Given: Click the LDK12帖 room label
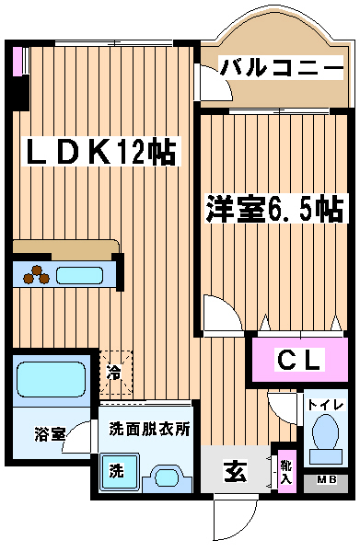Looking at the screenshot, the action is tap(100, 152).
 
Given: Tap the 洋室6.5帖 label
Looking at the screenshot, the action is tap(274, 209).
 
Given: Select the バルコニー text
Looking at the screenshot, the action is tap(281, 67).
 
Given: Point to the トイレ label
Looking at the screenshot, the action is tap(325, 405).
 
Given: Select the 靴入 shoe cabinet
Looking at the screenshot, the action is tap(286, 471).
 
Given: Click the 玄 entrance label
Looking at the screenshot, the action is tap(236, 471).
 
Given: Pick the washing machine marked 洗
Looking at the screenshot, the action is tap(119, 472).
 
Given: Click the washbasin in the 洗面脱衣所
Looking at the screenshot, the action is tap(167, 478).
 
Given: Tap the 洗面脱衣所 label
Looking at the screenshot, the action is tap(149, 429).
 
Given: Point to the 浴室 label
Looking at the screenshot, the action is tap(50, 433).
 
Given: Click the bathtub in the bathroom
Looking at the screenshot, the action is tap(51, 380).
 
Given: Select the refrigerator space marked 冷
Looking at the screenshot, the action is tap(116, 372).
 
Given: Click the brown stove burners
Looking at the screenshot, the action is tap(36, 274).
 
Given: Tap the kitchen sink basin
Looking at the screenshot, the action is tap(79, 275).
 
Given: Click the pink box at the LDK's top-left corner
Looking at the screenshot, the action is tap(17, 61).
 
